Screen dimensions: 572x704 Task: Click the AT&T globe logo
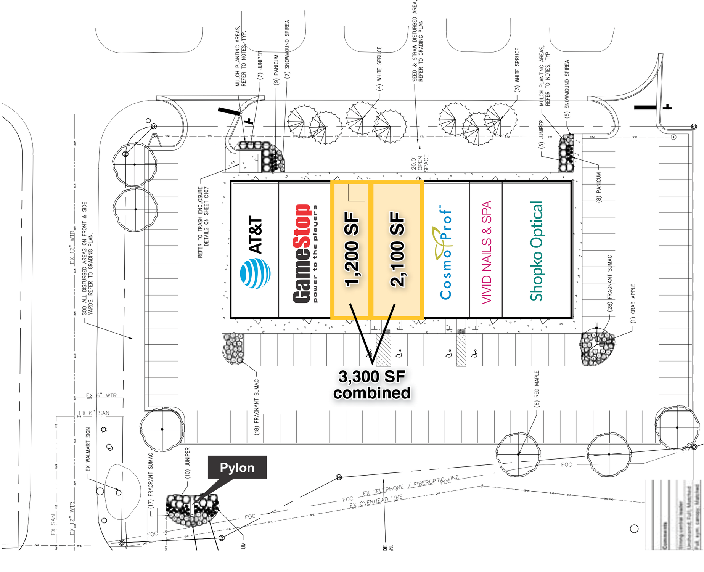tap(255, 273)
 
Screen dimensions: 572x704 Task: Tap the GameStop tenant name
tap(302, 254)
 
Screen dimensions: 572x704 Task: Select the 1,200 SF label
tap(352, 250)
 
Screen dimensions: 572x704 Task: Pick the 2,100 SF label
tap(397, 250)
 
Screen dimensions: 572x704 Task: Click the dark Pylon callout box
tap(237, 468)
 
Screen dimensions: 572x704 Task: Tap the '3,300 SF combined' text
tap(372, 385)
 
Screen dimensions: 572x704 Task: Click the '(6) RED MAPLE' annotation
tap(537, 389)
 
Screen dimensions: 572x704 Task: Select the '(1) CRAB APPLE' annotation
tap(633, 304)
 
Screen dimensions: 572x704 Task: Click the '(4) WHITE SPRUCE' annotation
tap(379, 69)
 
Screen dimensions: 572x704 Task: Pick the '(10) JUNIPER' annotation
tap(187, 463)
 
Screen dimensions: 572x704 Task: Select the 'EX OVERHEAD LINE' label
tap(376, 501)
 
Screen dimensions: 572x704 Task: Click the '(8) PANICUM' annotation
tap(599, 187)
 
